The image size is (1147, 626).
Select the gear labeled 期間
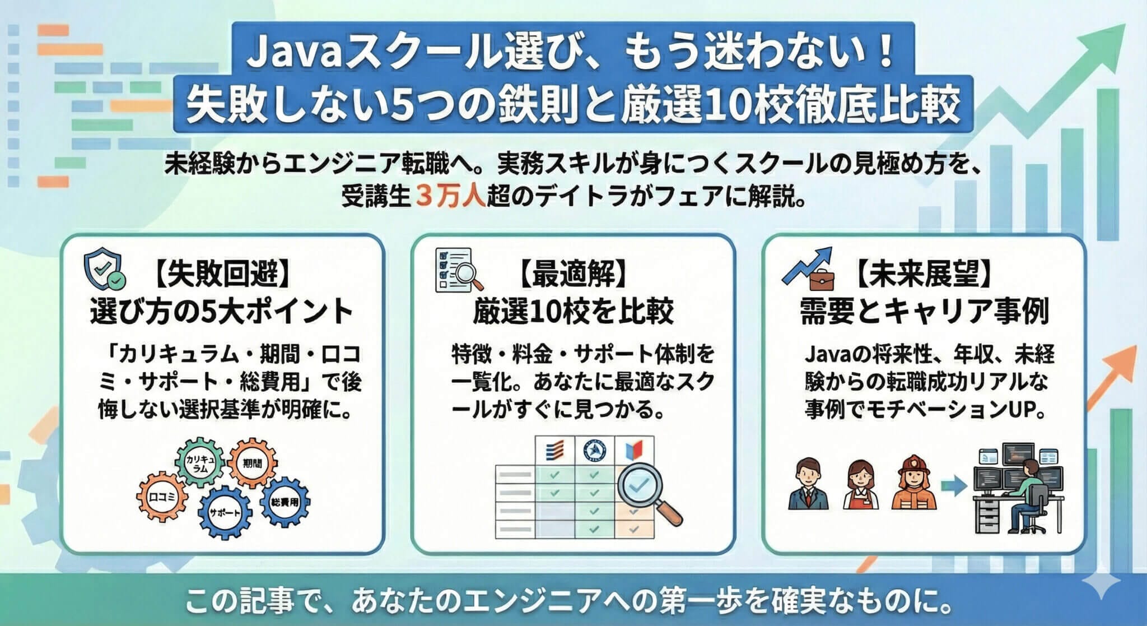[253, 463]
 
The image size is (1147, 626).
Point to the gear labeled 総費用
[284, 502]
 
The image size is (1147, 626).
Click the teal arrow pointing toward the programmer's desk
[953, 485]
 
